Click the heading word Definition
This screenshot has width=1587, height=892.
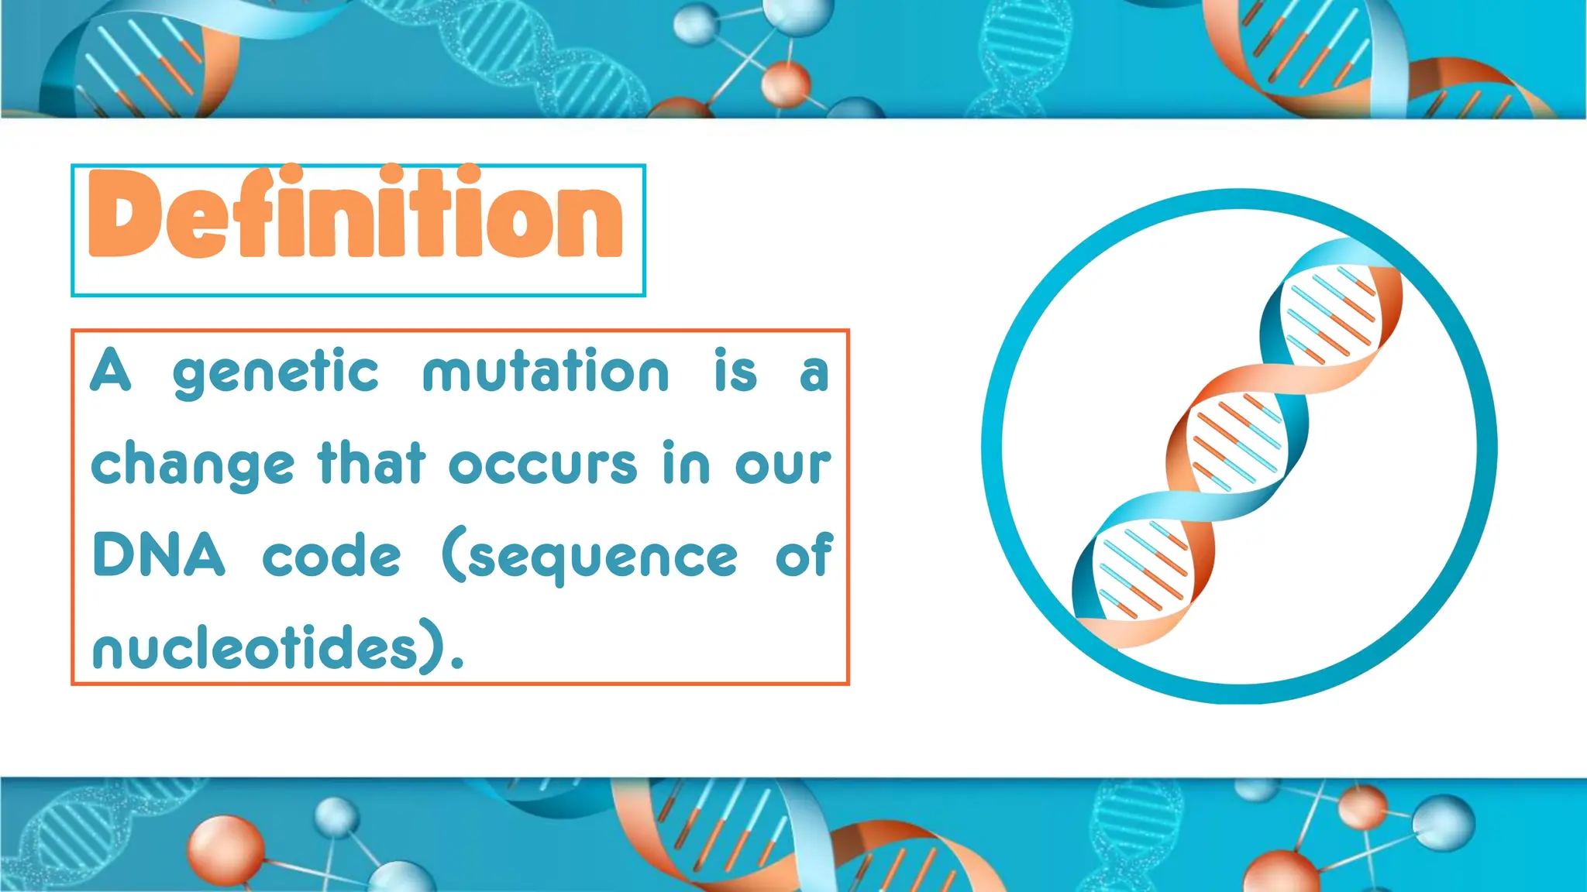[356, 213]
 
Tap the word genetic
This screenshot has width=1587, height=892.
[276, 373]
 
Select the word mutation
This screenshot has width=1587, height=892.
[546, 372]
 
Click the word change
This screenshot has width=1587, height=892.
[193, 465]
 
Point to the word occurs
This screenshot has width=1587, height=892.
[543, 465]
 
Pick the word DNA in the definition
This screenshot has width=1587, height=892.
[159, 555]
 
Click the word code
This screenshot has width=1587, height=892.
[332, 555]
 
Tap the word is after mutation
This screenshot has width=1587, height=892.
[735, 372]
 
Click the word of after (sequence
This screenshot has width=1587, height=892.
[804, 555]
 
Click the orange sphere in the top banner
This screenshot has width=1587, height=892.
[786, 84]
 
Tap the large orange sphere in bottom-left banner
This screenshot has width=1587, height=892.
[226, 850]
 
